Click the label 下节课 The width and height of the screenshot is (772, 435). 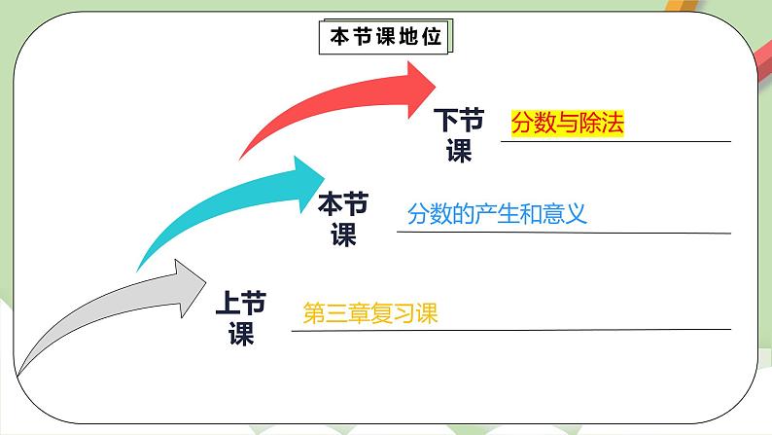(458, 135)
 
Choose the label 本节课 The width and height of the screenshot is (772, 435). (344, 220)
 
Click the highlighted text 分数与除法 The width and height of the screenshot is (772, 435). (566, 124)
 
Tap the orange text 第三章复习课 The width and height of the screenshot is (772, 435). (371, 314)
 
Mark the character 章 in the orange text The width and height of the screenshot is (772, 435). (358, 314)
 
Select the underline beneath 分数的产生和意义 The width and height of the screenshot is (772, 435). (564, 233)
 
